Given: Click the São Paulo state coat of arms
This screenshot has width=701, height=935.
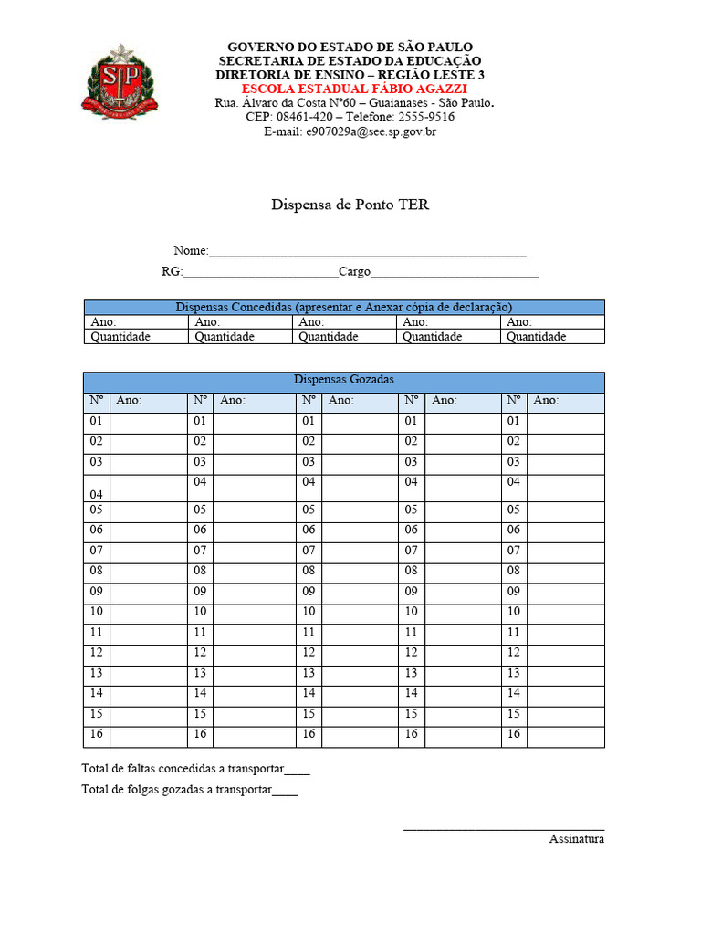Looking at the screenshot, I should click(x=115, y=83).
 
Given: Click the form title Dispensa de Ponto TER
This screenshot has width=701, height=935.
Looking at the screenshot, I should click(x=350, y=205).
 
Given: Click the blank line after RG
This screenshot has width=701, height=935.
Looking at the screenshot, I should click(x=260, y=273).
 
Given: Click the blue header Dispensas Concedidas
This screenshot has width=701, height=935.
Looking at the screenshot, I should click(x=343, y=308).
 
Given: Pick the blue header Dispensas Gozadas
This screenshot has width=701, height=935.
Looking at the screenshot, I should click(x=343, y=380).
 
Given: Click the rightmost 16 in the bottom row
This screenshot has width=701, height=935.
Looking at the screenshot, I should click(x=514, y=734).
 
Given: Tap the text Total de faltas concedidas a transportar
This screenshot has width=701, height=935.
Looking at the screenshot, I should click(x=183, y=769).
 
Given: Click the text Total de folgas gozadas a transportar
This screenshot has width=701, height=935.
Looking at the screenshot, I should click(x=177, y=790).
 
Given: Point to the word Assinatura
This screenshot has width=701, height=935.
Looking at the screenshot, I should click(x=576, y=838).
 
